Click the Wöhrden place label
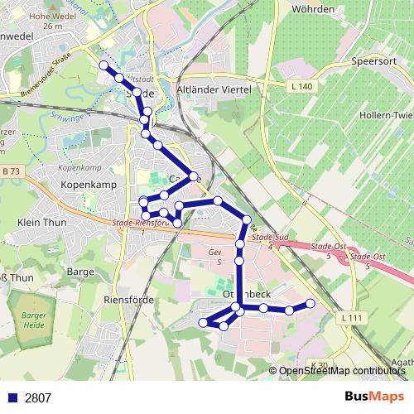(312, 9)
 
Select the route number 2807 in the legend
(38, 397)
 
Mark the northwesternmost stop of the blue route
(103, 65)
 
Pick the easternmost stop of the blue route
(311, 304)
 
